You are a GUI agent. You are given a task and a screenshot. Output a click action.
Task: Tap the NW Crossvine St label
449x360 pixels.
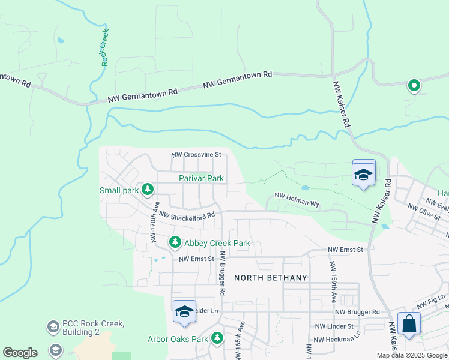point(196,155)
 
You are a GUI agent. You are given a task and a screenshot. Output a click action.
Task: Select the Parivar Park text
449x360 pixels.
point(201,178)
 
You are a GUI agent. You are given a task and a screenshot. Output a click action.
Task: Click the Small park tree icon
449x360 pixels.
point(148,190)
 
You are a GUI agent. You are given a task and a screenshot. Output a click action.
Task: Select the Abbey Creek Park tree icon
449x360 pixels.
point(175,242)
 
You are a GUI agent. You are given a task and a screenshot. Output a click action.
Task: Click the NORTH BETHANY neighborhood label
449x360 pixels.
point(270,277)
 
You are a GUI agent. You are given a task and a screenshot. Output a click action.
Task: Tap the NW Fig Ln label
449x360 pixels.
point(432,298)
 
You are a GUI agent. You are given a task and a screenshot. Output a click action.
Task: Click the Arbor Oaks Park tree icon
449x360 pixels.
point(217,338)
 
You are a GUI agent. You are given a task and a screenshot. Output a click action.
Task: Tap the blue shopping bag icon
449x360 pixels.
point(409,324)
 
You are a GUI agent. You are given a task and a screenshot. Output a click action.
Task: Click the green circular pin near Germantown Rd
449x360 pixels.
point(414,86)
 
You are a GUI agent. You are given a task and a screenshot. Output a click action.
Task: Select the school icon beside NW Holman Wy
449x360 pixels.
point(363,174)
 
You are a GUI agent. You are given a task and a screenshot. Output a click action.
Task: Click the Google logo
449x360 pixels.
point(20,353)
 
